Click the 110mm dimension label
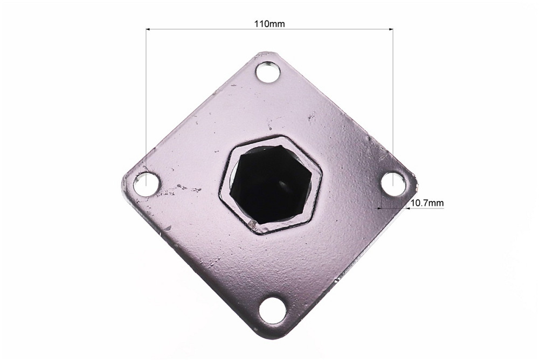tap(269, 24)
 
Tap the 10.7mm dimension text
tap(427, 203)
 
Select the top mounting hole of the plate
tap(267, 72)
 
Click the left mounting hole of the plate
tap(146, 184)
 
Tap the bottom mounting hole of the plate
tap(272, 310)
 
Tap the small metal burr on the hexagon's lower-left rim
tap(251, 221)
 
